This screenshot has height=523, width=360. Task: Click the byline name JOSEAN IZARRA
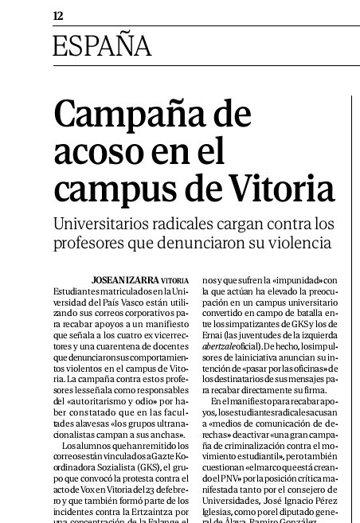pyautogui.click(x=131, y=281)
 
